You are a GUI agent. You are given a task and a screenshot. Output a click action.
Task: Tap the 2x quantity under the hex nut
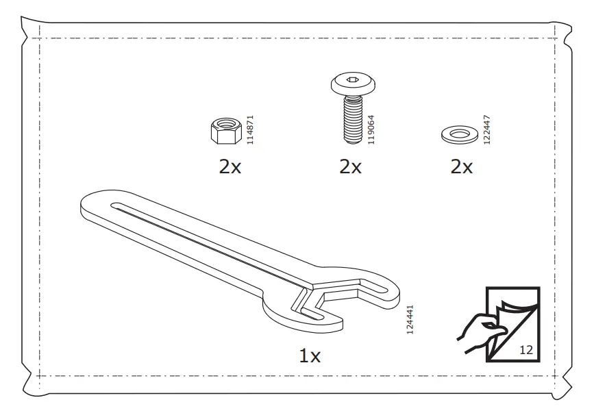point(230,166)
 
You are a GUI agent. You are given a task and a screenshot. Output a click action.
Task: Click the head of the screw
point(351,85)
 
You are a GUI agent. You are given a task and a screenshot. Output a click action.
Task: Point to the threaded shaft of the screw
point(352,119)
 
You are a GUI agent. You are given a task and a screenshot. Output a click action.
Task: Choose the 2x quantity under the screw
point(350,166)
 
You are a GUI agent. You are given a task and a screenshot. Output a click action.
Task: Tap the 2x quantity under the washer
point(462,166)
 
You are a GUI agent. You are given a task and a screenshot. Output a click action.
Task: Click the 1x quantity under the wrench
point(309,356)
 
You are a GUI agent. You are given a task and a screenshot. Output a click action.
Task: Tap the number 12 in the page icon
point(526,349)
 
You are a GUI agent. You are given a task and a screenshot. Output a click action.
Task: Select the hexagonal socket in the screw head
point(351,82)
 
